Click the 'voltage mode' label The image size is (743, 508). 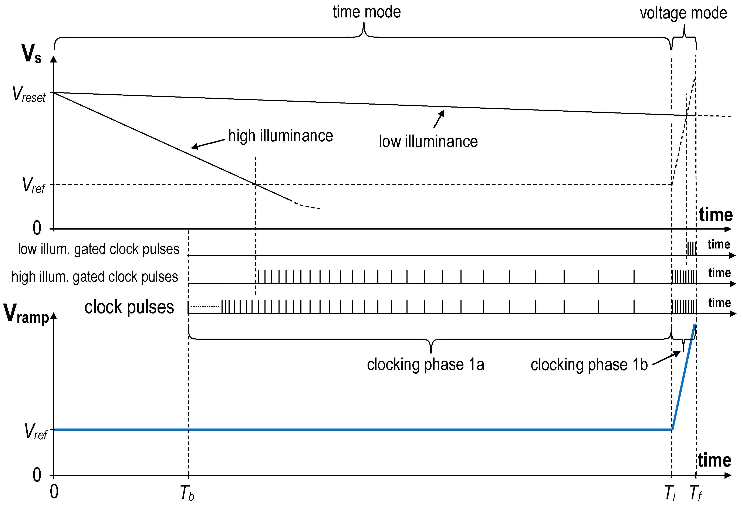[x=683, y=13]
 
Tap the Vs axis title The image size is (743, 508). [x=31, y=54]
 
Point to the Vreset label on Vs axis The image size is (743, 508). [x=29, y=94]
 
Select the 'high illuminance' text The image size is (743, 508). [x=280, y=136]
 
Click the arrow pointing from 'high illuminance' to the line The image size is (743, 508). [x=208, y=144]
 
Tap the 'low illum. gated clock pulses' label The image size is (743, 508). [x=98, y=249]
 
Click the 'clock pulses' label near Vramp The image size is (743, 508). [x=129, y=308]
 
